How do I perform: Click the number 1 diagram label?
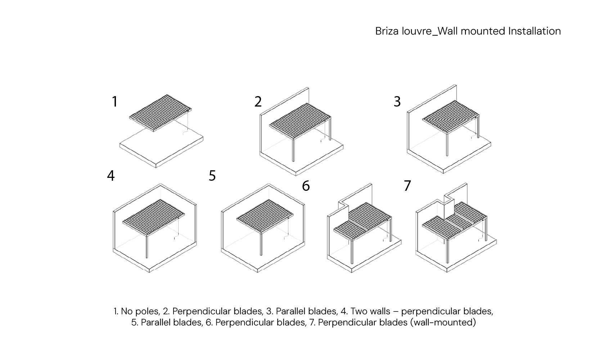click(115, 102)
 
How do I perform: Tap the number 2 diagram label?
click(258, 102)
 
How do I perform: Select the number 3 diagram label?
click(397, 102)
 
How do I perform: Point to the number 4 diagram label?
click(111, 176)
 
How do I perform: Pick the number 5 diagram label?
click(212, 176)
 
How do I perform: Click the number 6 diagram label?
click(306, 186)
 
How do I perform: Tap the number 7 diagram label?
click(407, 186)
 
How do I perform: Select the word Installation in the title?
click(534, 31)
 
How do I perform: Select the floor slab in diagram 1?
click(162, 148)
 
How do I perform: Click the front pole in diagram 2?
click(293, 150)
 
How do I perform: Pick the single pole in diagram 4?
click(147, 247)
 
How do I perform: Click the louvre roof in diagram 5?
click(265, 216)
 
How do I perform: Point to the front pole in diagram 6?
click(352, 252)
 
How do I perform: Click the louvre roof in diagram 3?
click(451, 117)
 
